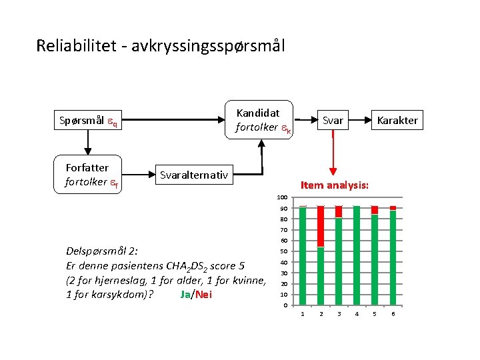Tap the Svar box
click(333, 120)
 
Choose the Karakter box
click(397, 120)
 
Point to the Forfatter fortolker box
click(87, 175)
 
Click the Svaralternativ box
click(193, 175)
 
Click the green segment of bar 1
click(303, 256)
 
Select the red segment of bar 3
click(339, 212)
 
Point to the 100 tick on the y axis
click(282, 198)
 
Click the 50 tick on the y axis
click(283, 251)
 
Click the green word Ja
click(185, 295)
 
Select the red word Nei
click(203, 295)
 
